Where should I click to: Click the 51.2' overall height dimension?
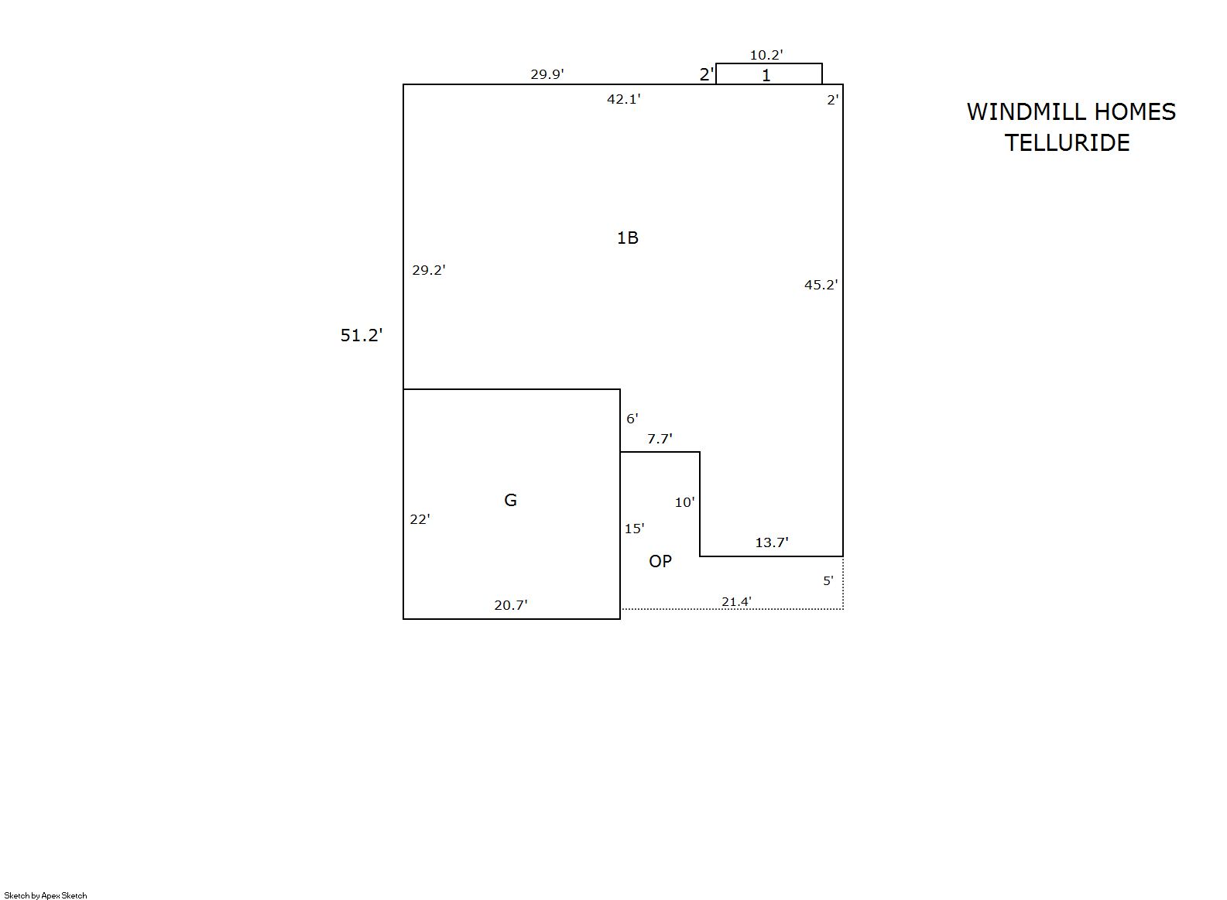362,335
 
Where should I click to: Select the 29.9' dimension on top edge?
547,74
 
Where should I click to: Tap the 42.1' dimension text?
623,99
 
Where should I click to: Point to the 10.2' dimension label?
766,55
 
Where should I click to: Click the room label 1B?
627,238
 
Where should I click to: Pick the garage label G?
510,500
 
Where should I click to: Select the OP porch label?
660,561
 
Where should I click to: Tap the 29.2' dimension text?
428,270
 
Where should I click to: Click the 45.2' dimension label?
821,285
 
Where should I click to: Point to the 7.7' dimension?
660,439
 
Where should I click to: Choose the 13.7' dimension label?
771,542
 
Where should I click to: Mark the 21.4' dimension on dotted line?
736,601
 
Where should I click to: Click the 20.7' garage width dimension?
510,605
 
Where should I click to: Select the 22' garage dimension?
420,519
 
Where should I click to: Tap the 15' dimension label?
634,529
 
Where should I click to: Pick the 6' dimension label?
632,419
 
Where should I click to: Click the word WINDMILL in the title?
1022,112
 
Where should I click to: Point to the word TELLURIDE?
1067,143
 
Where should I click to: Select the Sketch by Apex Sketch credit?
46,895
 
